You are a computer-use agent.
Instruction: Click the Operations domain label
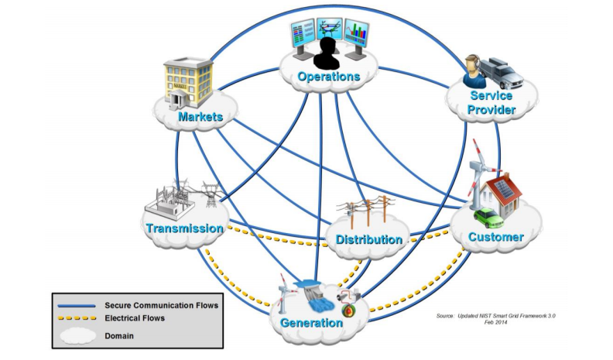pos(329,77)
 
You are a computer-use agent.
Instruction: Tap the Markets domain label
pos(200,117)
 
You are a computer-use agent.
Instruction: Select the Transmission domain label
pos(184,228)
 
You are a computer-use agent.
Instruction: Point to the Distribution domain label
pos(369,239)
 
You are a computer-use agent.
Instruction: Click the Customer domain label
pos(496,237)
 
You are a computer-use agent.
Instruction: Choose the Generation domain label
pos(311,323)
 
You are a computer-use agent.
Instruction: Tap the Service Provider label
pos(491,103)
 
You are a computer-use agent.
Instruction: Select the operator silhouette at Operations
pos(328,53)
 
